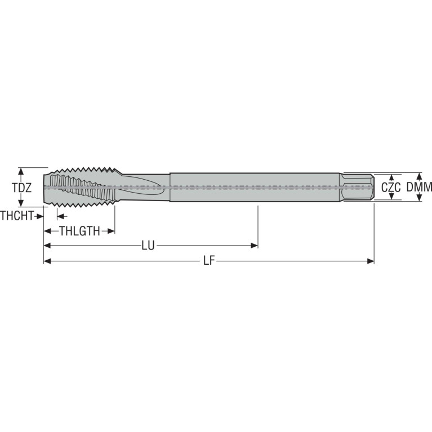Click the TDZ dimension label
click(x=22, y=188)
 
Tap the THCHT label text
click(x=17, y=216)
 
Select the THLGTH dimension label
click(x=79, y=231)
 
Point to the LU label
click(x=148, y=245)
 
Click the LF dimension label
click(x=209, y=261)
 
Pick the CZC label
click(x=391, y=188)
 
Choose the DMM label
click(x=419, y=188)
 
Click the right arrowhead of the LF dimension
click(x=371, y=261)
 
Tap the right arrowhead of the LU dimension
click(x=254, y=246)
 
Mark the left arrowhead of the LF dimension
click(x=47, y=261)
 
